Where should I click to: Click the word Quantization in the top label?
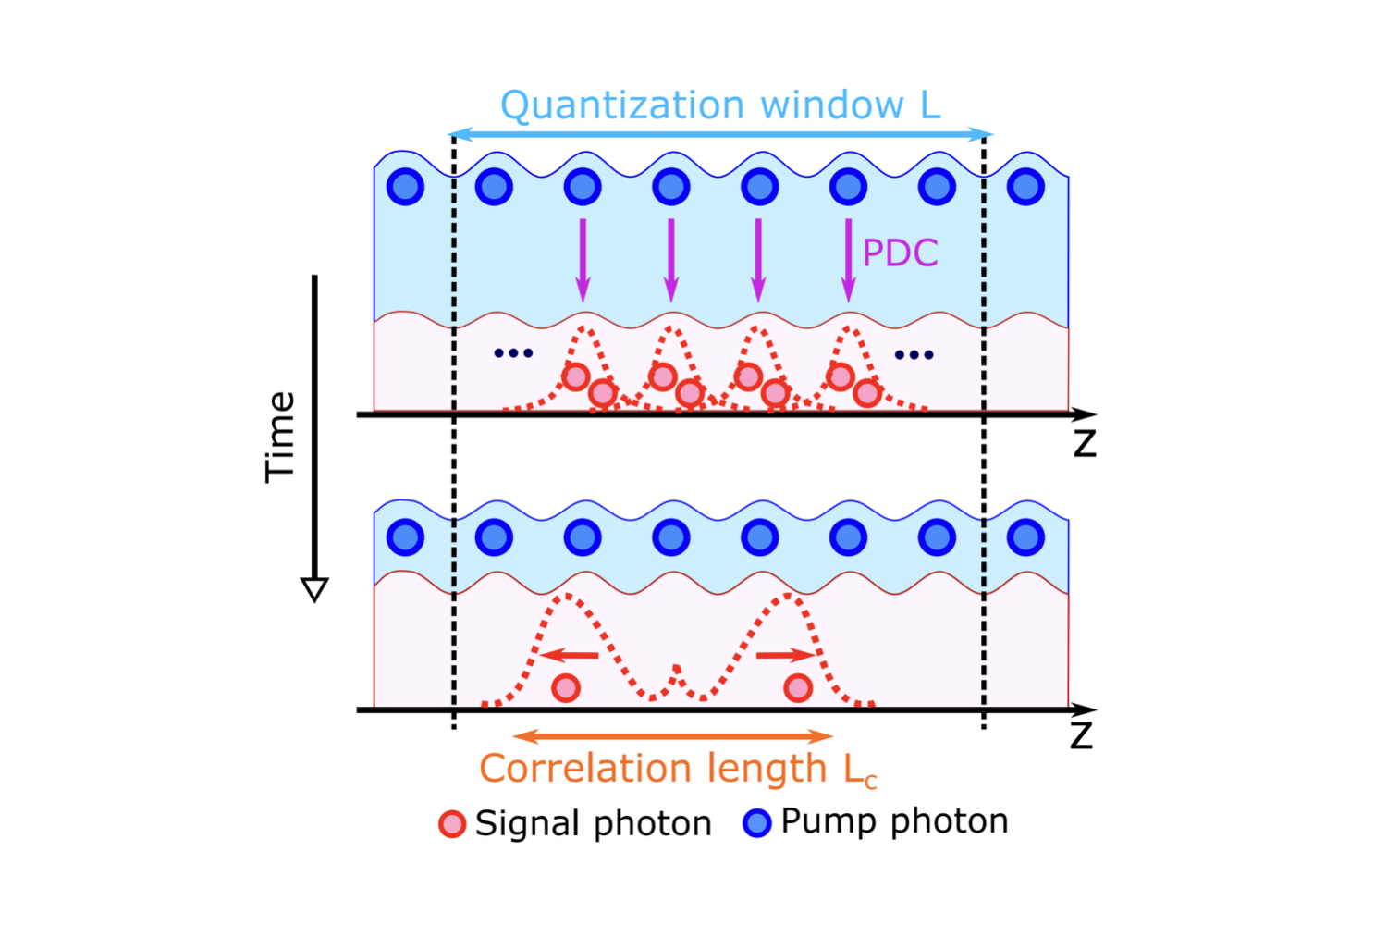(621, 106)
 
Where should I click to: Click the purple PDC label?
(900, 253)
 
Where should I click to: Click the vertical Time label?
(280, 437)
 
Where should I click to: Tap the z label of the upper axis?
(1085, 444)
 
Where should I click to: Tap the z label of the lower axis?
(1081, 736)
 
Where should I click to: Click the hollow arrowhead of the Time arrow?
(314, 589)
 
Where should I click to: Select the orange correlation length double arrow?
(673, 736)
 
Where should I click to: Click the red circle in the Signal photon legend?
(452, 823)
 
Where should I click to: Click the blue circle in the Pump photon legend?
(757, 822)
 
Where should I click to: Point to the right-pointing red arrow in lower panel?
(786, 655)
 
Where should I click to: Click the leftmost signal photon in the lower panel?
(566, 687)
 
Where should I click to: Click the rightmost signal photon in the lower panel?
(798, 687)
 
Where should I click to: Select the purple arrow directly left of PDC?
(848, 260)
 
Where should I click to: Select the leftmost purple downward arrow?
(583, 260)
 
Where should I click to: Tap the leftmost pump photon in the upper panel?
(405, 187)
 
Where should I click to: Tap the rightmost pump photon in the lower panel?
(1025, 536)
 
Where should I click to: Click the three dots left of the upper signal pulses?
(513, 352)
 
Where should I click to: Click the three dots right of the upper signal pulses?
(914, 354)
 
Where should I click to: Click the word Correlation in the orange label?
(585, 769)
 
